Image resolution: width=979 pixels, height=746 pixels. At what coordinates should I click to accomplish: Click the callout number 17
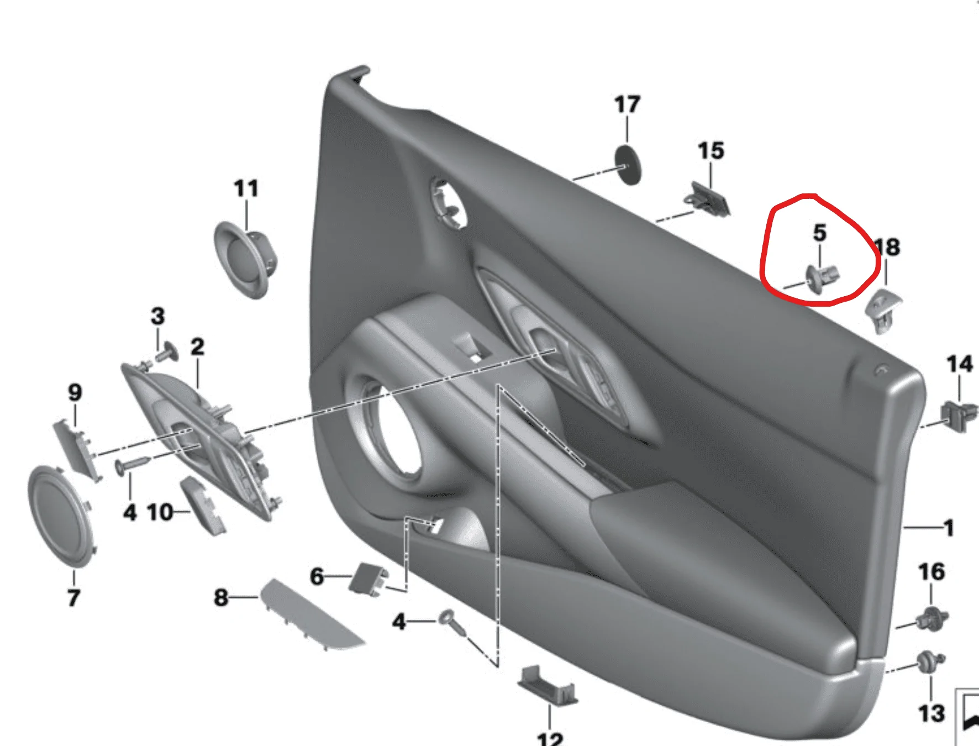pyautogui.click(x=627, y=104)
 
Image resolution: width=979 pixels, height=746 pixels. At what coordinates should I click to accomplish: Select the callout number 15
pyautogui.click(x=710, y=151)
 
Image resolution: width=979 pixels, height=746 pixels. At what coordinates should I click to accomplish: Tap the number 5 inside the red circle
pyautogui.click(x=820, y=233)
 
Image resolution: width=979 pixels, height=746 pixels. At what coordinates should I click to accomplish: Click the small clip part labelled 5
pyautogui.click(x=822, y=277)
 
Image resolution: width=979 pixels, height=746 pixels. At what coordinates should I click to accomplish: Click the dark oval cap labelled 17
pyautogui.click(x=629, y=165)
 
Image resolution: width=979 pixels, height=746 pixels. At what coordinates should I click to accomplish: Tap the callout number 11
pyautogui.click(x=246, y=188)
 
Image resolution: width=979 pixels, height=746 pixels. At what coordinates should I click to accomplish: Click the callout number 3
pyautogui.click(x=157, y=316)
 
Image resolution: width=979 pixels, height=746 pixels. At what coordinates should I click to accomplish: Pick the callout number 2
pyautogui.click(x=197, y=347)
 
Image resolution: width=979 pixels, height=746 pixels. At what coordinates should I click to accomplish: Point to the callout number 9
pyautogui.click(x=75, y=392)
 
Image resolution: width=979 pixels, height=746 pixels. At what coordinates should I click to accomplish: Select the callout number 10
pyautogui.click(x=160, y=512)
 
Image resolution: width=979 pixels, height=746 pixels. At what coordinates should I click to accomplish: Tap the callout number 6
pyautogui.click(x=317, y=576)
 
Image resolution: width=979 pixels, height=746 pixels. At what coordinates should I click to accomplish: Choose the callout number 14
pyautogui.click(x=960, y=364)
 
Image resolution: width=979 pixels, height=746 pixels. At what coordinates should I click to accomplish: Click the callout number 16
pyautogui.click(x=931, y=571)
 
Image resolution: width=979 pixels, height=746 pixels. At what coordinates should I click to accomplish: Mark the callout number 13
pyautogui.click(x=931, y=713)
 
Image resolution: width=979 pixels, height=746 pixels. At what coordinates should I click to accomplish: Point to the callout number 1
pyautogui.click(x=949, y=528)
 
